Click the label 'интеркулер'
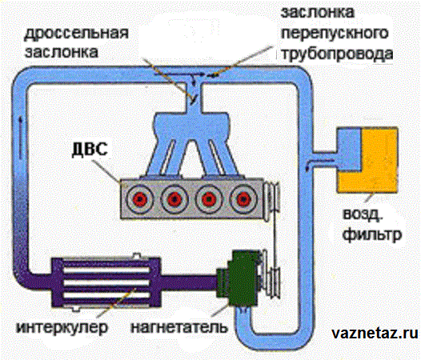[62, 327]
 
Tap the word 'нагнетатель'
[179, 327]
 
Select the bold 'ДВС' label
[90, 149]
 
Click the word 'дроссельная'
[76, 34]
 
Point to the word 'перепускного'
[335, 34]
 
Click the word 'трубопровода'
[337, 54]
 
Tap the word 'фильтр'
[372, 235]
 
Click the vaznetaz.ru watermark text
[375, 334]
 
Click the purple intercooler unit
[106, 282]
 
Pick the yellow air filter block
[374, 160]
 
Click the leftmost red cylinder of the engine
[139, 199]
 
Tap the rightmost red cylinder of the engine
[243, 199]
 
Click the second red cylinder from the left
[174, 199]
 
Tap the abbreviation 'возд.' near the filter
[362, 215]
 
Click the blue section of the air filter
[349, 150]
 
